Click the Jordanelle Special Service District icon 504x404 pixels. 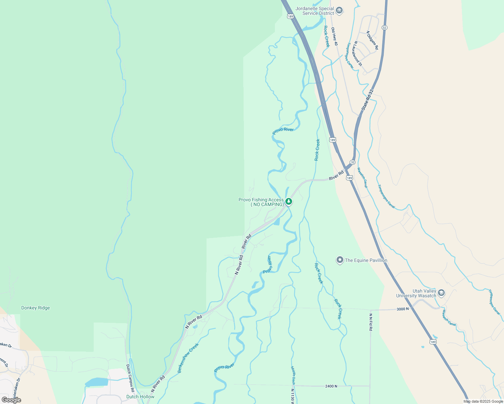coord(339,10)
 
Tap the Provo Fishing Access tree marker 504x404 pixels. coord(288,202)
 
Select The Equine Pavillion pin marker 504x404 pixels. coord(340,260)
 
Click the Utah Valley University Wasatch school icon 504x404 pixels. coord(441,293)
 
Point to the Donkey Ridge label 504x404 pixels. coord(35,308)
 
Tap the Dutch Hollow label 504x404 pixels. coord(140,397)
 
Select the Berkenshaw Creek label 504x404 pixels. coord(188,358)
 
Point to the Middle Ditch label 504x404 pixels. coord(293,375)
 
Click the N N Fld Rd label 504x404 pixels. coord(371,322)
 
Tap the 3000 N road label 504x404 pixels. coord(403,309)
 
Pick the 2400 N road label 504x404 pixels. coord(331,386)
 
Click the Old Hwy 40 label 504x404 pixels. coord(334,36)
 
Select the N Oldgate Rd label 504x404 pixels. coord(372,40)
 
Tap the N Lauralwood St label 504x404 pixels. coord(358,54)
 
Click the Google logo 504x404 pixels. coord(11,400)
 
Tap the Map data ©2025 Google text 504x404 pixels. coord(483,401)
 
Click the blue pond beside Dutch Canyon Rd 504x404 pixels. coord(97,382)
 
